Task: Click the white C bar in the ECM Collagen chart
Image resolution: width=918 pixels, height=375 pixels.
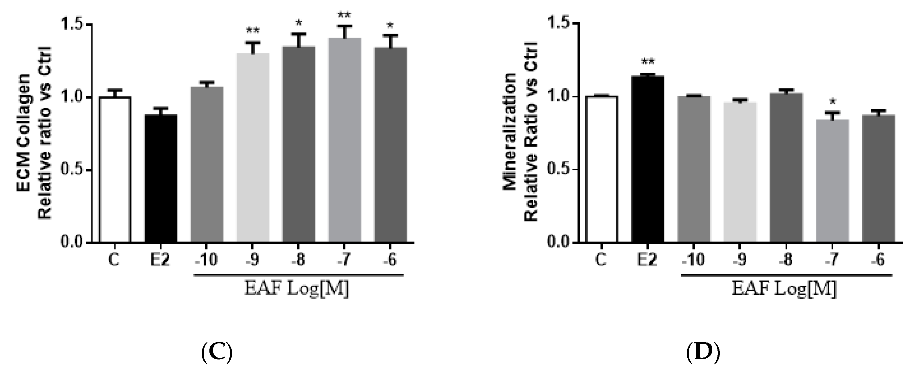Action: click(x=115, y=170)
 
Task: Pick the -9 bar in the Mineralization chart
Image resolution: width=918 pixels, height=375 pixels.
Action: click(x=740, y=173)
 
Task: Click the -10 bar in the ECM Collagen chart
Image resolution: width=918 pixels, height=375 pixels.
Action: click(x=207, y=164)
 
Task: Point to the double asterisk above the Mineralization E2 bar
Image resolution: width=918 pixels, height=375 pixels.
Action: click(x=647, y=62)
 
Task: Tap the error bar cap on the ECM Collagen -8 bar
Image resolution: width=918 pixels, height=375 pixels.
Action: click(x=298, y=34)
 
